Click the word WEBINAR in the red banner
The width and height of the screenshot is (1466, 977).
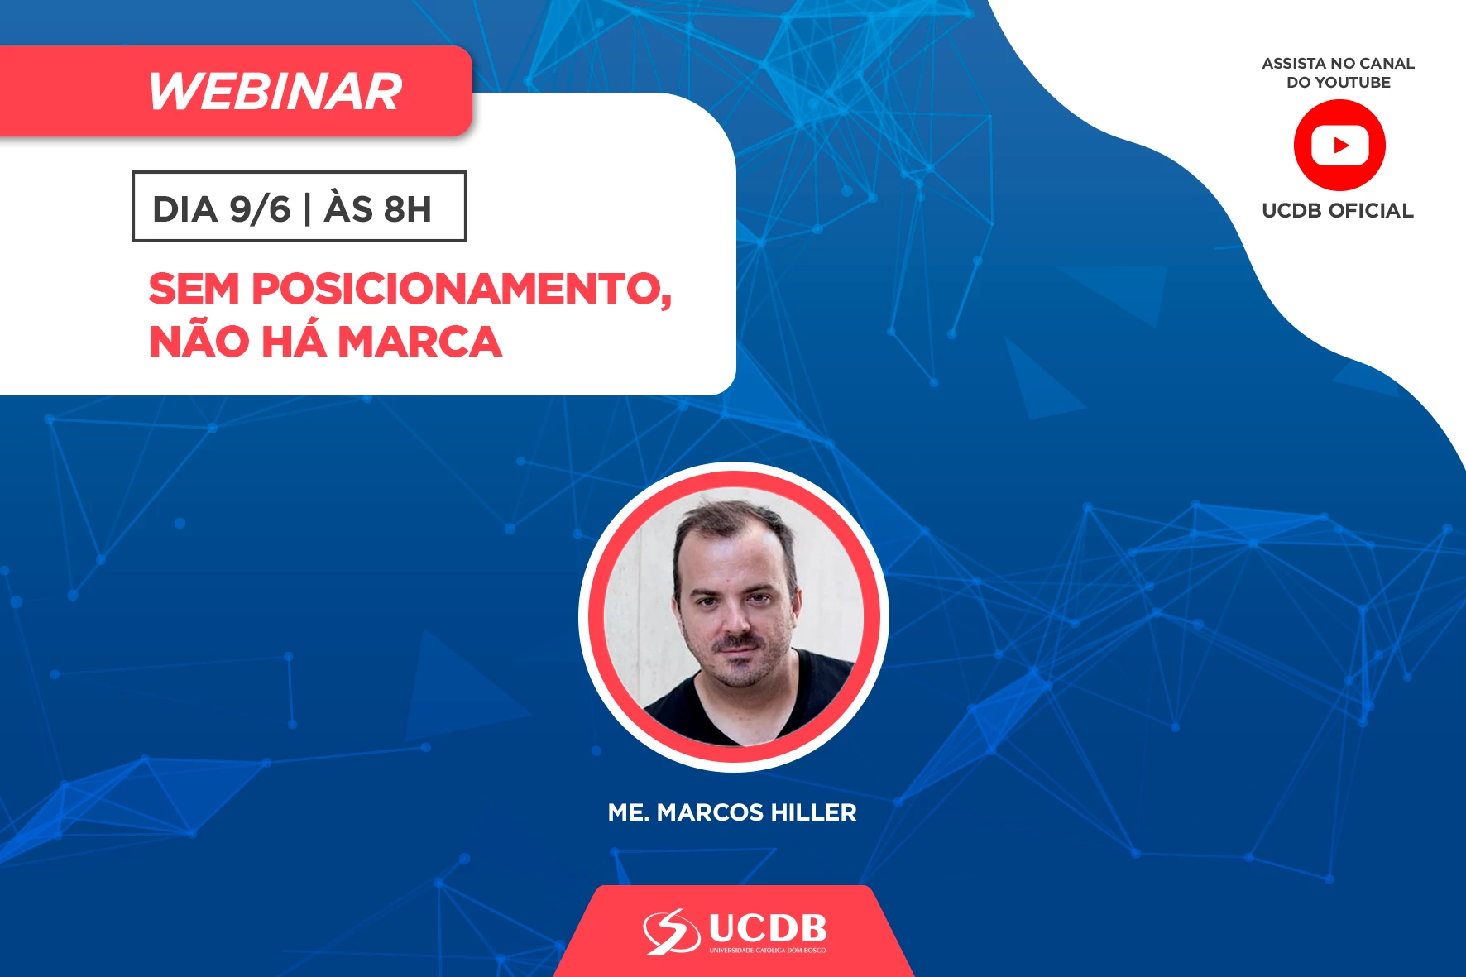(x=275, y=91)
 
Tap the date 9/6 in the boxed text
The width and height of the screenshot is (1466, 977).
(x=260, y=209)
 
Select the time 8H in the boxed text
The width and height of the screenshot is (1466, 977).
(x=408, y=209)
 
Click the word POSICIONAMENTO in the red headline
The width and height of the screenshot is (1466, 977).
(x=462, y=290)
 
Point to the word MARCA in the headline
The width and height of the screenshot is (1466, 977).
(x=419, y=342)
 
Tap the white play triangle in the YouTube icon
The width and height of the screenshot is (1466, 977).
(x=1341, y=146)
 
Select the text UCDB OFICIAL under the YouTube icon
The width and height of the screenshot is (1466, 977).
(x=1338, y=211)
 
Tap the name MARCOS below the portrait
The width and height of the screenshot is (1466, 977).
(x=710, y=812)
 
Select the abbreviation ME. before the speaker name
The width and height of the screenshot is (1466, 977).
(x=629, y=812)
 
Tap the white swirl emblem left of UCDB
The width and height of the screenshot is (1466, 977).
(x=672, y=932)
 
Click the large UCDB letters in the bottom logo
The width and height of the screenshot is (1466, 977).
(x=768, y=928)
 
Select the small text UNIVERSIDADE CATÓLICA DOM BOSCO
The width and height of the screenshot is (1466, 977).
(x=768, y=951)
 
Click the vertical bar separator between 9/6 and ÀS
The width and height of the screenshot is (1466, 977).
(x=308, y=209)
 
